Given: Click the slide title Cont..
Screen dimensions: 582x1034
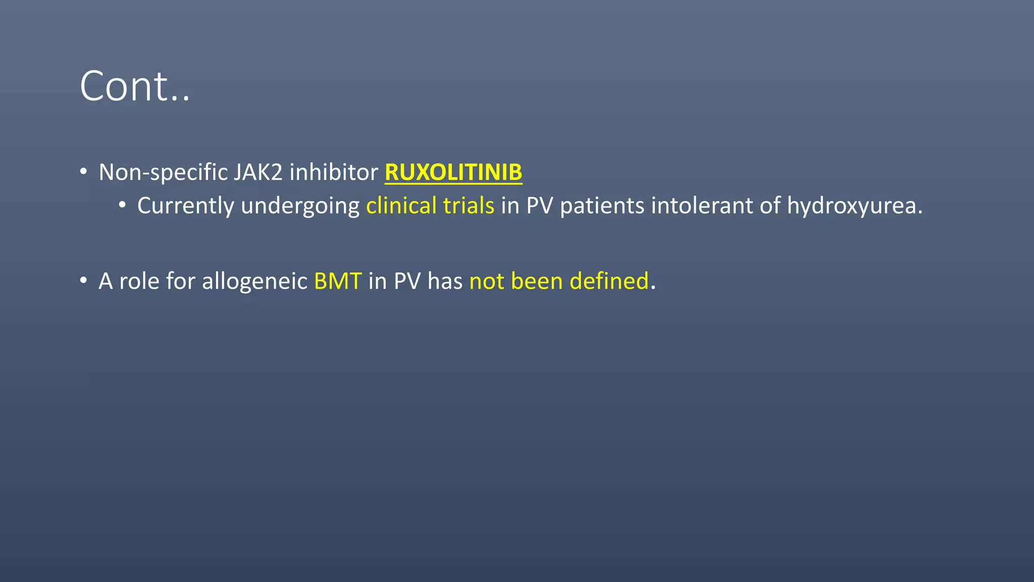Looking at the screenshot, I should coord(134,86).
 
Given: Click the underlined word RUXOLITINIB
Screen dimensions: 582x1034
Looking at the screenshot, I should coord(453,172).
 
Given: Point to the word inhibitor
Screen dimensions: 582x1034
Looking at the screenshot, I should coord(334,172).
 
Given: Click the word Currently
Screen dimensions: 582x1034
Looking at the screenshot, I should coord(186,206).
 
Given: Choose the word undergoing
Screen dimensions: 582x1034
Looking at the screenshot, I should coord(300,206).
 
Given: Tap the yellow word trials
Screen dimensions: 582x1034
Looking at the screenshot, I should coord(469,206).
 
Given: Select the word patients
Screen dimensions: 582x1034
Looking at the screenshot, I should coord(602,206).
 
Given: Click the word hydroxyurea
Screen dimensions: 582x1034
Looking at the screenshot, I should coord(854,206).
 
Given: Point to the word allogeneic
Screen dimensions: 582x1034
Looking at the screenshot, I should coord(254,281).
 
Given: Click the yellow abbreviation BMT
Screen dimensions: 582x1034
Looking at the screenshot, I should coord(338,281).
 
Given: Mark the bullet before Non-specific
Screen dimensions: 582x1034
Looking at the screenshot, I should coord(83,171).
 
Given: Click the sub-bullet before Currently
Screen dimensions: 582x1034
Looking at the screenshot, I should coord(122,205).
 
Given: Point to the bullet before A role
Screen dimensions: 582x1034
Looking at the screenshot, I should coord(83,280).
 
